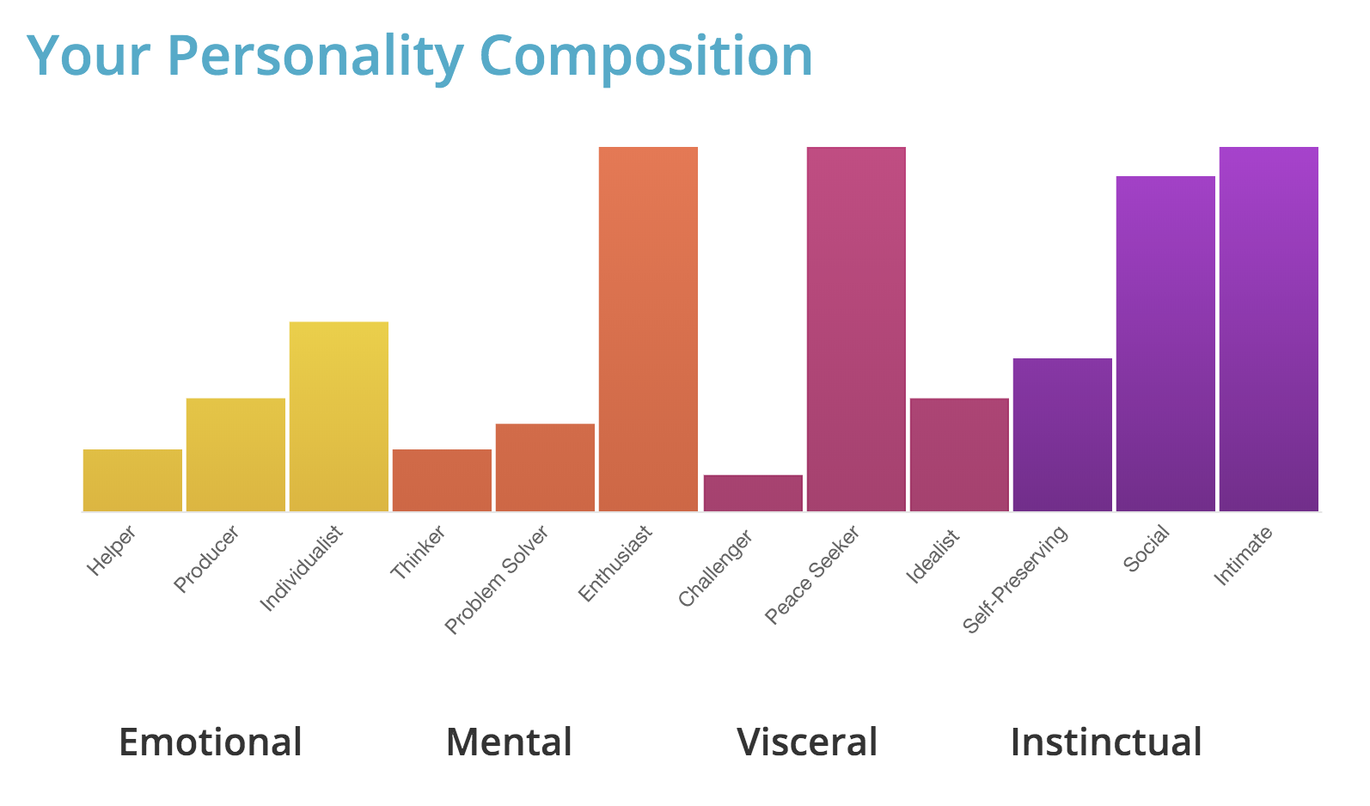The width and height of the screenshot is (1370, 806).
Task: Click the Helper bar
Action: [x=132, y=480]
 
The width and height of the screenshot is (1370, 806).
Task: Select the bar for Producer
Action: [x=235, y=455]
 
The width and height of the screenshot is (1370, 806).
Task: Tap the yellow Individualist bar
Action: [x=339, y=417]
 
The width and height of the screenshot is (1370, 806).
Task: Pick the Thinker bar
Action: [x=442, y=480]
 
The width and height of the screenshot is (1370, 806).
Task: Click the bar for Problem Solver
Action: [x=545, y=467]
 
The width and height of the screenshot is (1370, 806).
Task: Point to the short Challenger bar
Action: [x=753, y=493]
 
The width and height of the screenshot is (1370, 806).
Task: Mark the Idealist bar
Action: [x=959, y=455]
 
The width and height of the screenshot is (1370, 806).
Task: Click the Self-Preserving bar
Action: [x=1062, y=435]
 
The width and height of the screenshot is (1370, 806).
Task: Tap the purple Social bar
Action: [x=1165, y=344]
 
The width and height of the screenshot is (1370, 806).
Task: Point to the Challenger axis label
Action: [x=716, y=568]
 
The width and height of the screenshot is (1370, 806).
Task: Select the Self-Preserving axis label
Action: [x=1017, y=578]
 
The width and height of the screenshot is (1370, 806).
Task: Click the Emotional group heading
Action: [x=211, y=742]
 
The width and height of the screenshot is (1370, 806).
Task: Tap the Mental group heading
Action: [x=509, y=742]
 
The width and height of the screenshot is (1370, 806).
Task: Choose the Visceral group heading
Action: [x=807, y=742]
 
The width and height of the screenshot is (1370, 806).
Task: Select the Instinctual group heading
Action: [x=1106, y=742]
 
